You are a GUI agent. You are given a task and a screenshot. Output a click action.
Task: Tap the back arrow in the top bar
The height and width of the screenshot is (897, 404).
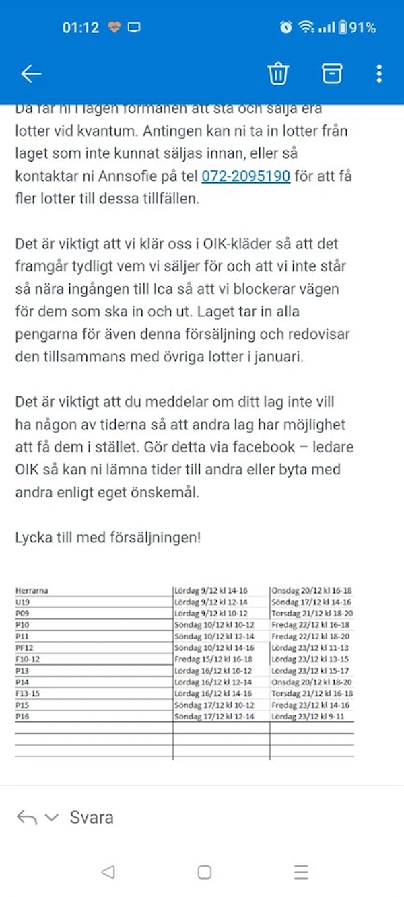click(31, 73)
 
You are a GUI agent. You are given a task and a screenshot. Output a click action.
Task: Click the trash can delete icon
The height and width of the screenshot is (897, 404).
click(277, 73)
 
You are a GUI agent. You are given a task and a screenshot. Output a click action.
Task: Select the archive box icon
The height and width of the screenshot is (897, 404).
click(331, 73)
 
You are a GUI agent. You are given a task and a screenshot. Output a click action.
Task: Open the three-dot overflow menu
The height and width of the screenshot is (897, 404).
click(380, 73)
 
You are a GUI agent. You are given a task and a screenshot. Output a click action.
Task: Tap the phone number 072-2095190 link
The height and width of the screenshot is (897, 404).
click(246, 176)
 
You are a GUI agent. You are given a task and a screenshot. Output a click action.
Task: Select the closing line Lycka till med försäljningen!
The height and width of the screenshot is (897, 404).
click(108, 538)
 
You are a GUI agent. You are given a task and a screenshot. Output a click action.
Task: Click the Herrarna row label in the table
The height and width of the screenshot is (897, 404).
click(32, 591)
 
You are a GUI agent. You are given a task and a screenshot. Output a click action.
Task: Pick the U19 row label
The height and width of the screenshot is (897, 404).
click(23, 602)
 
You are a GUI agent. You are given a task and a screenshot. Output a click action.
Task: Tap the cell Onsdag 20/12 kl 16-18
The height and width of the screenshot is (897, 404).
click(312, 591)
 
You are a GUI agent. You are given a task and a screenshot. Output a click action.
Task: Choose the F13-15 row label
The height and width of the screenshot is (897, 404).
click(28, 694)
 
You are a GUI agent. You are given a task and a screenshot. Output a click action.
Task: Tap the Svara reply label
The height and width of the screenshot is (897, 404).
click(92, 818)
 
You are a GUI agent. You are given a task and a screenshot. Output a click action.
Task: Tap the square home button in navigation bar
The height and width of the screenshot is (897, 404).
click(205, 872)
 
